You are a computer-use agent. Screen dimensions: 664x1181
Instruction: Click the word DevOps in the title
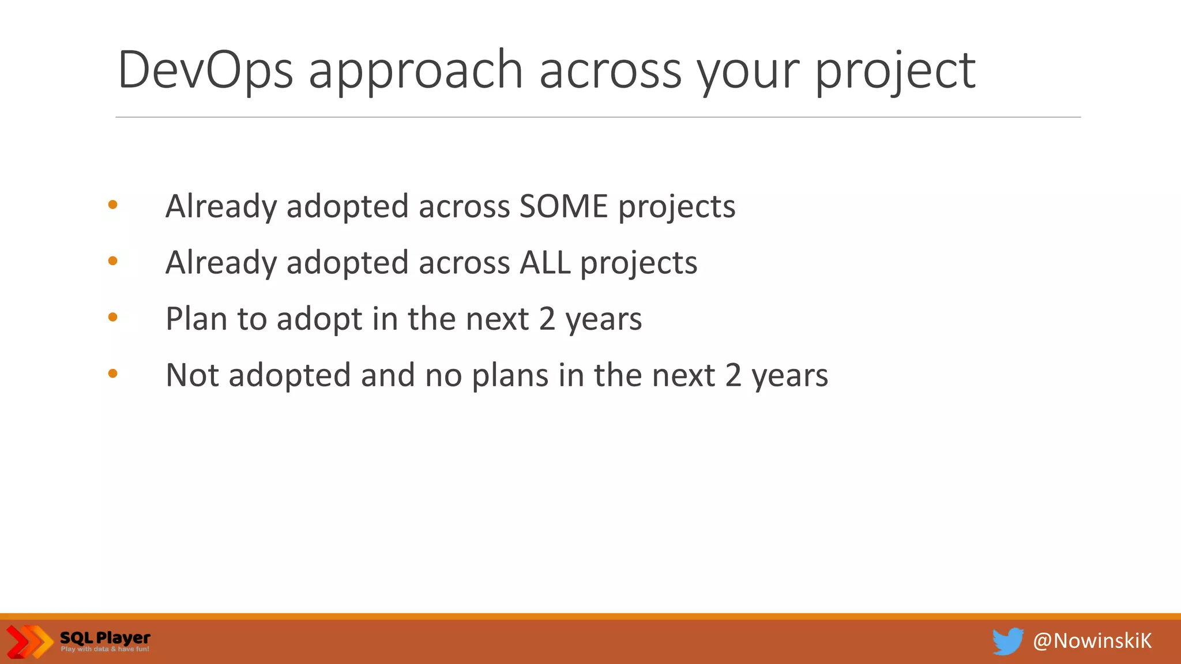pyautogui.click(x=205, y=70)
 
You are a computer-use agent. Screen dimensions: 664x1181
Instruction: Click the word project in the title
pyautogui.click(x=895, y=70)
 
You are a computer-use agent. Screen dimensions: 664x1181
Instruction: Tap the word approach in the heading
pyautogui.click(x=415, y=70)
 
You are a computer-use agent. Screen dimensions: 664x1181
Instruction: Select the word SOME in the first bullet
pyautogui.click(x=563, y=206)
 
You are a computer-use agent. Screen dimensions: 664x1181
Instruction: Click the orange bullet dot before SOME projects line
pyautogui.click(x=113, y=205)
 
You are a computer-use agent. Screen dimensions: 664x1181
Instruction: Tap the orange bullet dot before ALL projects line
pyautogui.click(x=113, y=261)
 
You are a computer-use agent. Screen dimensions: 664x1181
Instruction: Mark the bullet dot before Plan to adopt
pyautogui.click(x=113, y=317)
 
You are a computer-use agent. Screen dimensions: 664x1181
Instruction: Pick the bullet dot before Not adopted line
pyautogui.click(x=113, y=373)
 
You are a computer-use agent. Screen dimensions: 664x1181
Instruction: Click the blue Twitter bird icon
pyautogui.click(x=1007, y=642)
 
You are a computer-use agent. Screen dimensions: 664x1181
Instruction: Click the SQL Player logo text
pyautogui.click(x=105, y=637)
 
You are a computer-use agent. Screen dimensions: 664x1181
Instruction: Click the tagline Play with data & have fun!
pyautogui.click(x=105, y=650)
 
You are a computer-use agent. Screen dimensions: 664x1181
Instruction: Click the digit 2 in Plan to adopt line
pyautogui.click(x=547, y=319)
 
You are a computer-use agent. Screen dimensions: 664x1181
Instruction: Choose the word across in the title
pyautogui.click(x=610, y=70)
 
